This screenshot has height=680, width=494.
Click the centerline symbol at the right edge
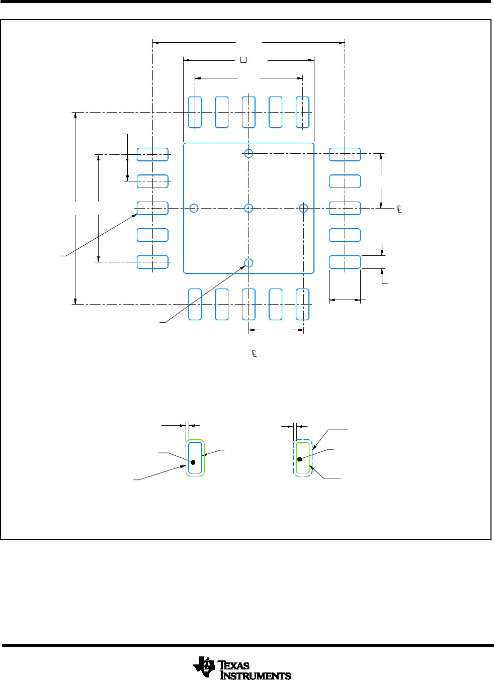click(399, 209)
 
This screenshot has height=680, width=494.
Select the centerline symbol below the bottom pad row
click(254, 354)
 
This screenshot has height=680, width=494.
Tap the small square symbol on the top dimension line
click(243, 60)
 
